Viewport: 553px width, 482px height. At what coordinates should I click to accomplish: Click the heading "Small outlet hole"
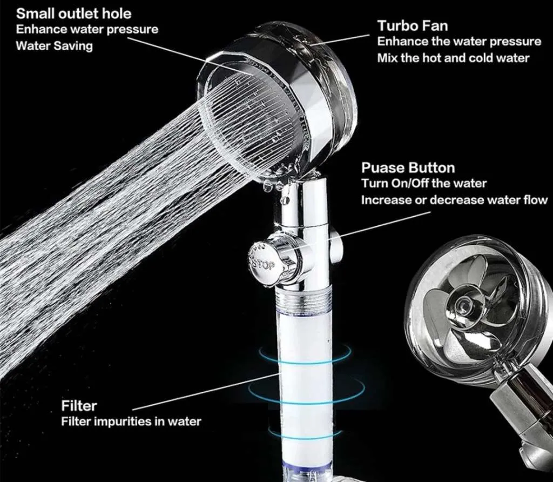pyautogui.click(x=73, y=14)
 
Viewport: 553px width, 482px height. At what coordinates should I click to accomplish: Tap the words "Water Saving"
pyautogui.click(x=55, y=46)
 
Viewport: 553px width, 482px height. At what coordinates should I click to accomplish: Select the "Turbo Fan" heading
pyautogui.click(x=413, y=26)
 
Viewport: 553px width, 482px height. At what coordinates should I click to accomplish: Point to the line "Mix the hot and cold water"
pyautogui.click(x=454, y=58)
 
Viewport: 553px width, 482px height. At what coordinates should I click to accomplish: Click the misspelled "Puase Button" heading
pyautogui.click(x=408, y=168)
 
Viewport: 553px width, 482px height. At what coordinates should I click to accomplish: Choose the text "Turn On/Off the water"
pyautogui.click(x=424, y=184)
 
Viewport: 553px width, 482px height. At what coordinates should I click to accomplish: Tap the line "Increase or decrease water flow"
pyautogui.click(x=454, y=200)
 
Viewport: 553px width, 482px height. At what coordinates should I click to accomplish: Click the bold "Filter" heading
pyautogui.click(x=79, y=406)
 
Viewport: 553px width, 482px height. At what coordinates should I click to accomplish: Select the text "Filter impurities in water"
pyautogui.click(x=131, y=421)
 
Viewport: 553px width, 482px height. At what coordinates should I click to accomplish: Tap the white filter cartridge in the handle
pyautogui.click(x=306, y=381)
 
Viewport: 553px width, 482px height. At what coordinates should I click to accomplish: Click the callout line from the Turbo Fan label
pyautogui.click(x=340, y=40)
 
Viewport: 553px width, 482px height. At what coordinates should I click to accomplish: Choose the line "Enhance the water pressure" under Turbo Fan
pyautogui.click(x=459, y=42)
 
